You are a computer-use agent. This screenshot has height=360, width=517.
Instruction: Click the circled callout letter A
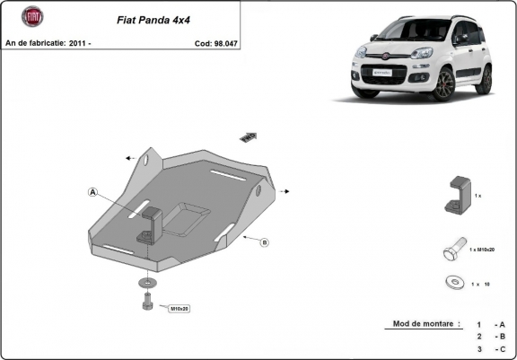92,190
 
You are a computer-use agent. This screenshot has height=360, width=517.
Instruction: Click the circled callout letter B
265,242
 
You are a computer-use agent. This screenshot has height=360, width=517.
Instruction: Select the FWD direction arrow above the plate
249,136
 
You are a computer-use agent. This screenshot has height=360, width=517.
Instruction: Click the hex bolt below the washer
147,304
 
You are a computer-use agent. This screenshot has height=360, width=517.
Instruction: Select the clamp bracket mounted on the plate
148,224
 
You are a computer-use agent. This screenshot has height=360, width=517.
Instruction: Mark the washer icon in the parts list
453,283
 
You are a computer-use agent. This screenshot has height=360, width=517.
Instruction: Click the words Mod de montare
426,323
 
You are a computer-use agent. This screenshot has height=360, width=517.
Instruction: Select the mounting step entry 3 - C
491,348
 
